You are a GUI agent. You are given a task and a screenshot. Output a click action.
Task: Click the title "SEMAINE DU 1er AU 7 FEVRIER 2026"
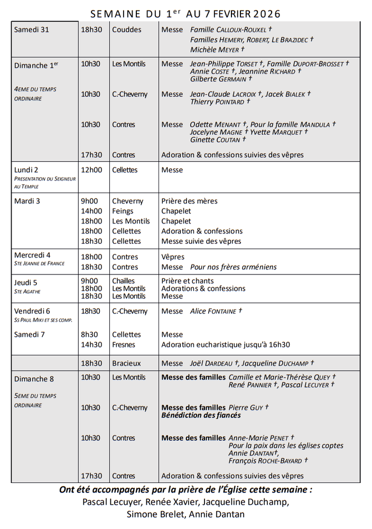tap(185, 13)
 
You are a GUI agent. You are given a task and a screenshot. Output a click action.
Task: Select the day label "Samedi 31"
tap(32, 30)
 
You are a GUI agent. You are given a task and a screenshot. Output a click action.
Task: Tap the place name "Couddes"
tap(127, 30)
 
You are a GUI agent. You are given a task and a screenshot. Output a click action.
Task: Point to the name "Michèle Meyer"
tap(217, 50)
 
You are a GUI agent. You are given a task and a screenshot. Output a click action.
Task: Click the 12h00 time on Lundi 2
tap(91, 170)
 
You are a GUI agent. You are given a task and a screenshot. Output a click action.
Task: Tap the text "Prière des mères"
tap(189, 201)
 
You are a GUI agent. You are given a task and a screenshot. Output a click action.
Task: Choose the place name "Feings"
tap(123, 211)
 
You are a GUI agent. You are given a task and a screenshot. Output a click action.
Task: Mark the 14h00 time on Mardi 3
tap(91, 211)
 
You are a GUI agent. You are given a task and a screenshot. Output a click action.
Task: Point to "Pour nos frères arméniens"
tap(233, 267)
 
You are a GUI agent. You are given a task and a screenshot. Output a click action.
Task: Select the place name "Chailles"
tap(124, 281)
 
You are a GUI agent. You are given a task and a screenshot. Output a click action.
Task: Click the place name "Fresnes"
tap(124, 344)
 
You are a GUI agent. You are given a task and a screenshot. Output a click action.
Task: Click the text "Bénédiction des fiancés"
tap(201, 415)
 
